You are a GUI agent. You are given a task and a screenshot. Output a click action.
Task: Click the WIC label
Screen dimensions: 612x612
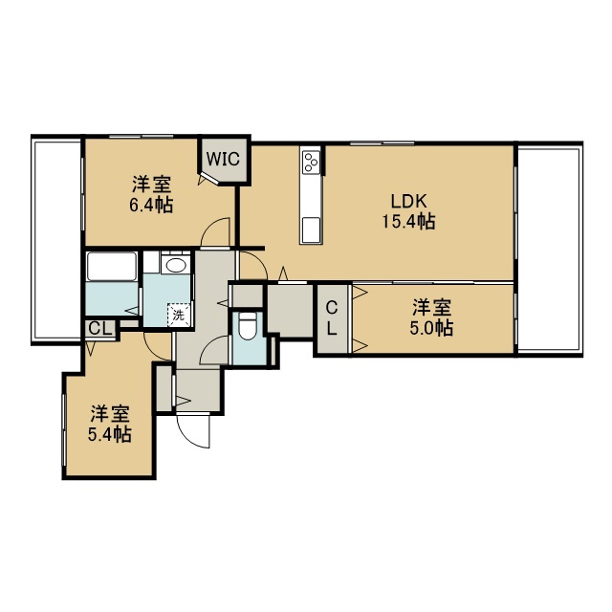pyautogui.click(x=223, y=159)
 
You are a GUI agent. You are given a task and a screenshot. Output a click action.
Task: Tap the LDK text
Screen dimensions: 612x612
pyautogui.click(x=408, y=202)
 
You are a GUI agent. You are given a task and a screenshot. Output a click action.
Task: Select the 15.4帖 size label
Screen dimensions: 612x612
pyautogui.click(x=408, y=222)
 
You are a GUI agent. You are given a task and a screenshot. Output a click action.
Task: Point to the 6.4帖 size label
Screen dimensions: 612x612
pyautogui.click(x=151, y=205)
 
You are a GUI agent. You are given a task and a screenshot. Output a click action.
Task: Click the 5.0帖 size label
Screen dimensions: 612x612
pyautogui.click(x=431, y=327)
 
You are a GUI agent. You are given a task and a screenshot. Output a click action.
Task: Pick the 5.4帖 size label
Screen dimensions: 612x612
pyautogui.click(x=109, y=434)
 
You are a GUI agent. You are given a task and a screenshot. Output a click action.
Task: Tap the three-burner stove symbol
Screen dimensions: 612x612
pyautogui.click(x=311, y=162)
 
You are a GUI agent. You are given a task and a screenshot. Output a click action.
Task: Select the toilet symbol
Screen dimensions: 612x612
pyautogui.click(x=247, y=326)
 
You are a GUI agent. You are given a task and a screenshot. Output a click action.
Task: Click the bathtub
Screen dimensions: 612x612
pyautogui.click(x=112, y=267)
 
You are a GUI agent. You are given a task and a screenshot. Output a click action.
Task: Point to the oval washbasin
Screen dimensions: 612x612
pyautogui.click(x=175, y=266)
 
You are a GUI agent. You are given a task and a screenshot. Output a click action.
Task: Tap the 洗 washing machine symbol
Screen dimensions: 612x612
pyautogui.click(x=179, y=315)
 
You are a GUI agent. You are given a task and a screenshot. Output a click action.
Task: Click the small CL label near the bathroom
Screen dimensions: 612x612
pyautogui.click(x=99, y=328)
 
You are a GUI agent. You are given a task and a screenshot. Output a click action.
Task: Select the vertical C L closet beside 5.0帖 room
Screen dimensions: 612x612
pyautogui.click(x=332, y=318)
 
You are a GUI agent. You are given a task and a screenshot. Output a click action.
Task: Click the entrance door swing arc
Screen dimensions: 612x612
pyautogui.click(x=191, y=432)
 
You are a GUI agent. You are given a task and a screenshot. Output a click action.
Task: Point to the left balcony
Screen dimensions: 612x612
pyautogui.click(x=57, y=240)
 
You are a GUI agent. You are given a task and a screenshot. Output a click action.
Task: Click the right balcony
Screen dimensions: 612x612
pyautogui.click(x=549, y=249)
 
